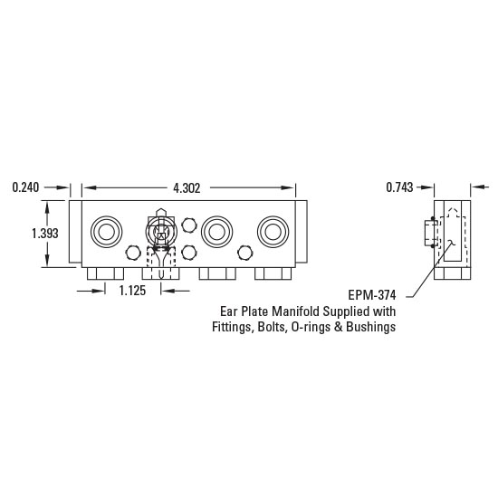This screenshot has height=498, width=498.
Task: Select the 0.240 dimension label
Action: (x=27, y=187)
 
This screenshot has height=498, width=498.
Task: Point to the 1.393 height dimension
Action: (x=45, y=233)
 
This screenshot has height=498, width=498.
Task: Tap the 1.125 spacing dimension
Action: (x=134, y=291)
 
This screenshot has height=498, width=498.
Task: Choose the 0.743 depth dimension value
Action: (x=398, y=187)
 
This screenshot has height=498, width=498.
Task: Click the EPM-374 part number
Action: (x=372, y=295)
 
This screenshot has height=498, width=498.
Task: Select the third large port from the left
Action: (x=215, y=232)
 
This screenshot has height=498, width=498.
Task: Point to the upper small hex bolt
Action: (x=188, y=224)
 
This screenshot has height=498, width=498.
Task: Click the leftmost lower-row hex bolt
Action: (x=133, y=253)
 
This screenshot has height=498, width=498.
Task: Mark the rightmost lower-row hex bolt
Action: (x=243, y=253)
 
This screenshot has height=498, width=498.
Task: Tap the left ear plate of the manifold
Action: (x=75, y=232)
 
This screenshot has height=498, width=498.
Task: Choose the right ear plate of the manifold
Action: (x=302, y=232)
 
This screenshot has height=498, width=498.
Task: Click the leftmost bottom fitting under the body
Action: (x=105, y=273)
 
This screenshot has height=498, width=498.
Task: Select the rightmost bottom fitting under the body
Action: (x=272, y=273)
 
